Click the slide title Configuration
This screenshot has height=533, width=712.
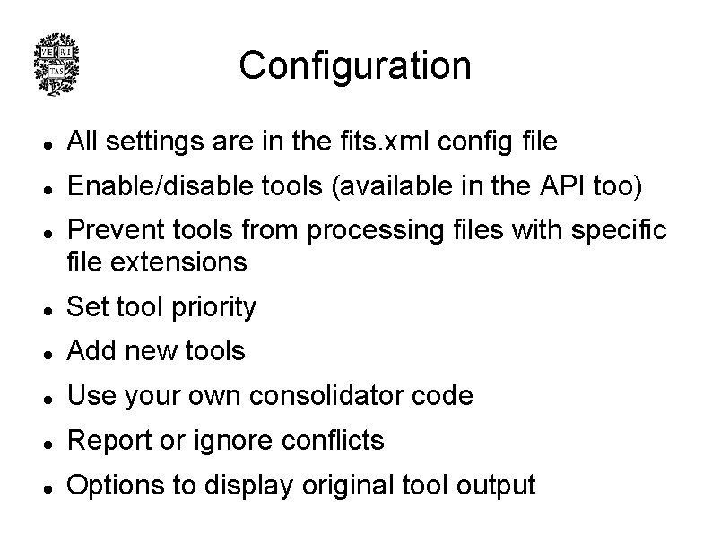tap(355, 65)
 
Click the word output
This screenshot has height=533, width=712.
tap(495, 486)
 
